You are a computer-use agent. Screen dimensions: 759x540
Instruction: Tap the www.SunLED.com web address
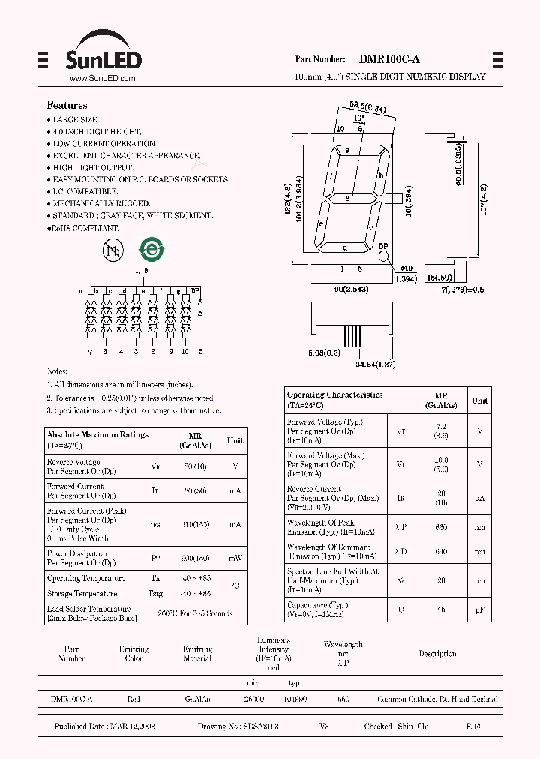tap(102, 78)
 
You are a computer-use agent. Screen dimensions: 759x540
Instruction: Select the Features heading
tap(67, 106)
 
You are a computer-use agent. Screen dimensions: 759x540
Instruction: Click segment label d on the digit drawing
tap(344, 247)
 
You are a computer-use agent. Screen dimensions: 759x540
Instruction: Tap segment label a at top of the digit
tap(347, 150)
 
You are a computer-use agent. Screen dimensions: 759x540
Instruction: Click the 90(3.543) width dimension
tap(351, 289)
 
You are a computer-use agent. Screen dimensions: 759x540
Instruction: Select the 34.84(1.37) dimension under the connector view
tap(376, 364)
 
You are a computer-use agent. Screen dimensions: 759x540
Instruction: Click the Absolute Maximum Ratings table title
tap(97, 434)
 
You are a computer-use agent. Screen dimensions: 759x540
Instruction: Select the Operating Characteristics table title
tap(334, 394)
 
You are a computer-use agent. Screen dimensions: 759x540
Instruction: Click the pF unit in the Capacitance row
tap(478, 610)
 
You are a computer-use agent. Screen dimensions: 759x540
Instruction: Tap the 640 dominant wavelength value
tap(441, 552)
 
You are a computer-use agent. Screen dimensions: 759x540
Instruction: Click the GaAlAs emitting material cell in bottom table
tap(197, 699)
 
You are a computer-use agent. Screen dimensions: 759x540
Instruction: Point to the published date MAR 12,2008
tap(105, 727)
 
